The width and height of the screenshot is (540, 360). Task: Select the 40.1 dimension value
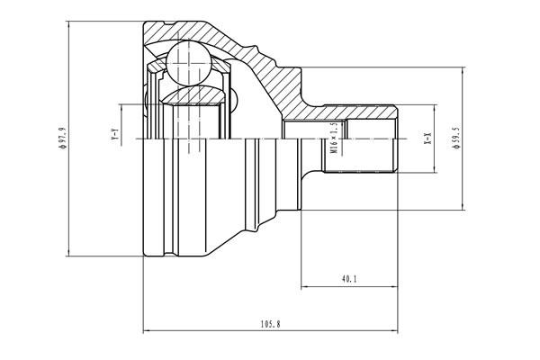pyautogui.click(x=349, y=279)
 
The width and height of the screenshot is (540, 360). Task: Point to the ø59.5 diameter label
pyautogui.click(x=457, y=141)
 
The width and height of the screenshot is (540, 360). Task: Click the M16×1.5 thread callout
pyautogui.click(x=333, y=139)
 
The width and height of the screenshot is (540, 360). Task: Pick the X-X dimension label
pyautogui.click(x=428, y=139)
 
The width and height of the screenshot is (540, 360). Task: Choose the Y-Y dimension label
pyautogui.click(x=114, y=136)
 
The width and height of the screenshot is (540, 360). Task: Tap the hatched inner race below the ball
pyautogui.click(x=193, y=95)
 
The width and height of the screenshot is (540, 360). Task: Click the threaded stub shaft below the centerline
pyautogui.click(x=360, y=157)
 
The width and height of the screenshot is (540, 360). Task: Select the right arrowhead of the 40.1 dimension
pyautogui.click(x=395, y=287)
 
